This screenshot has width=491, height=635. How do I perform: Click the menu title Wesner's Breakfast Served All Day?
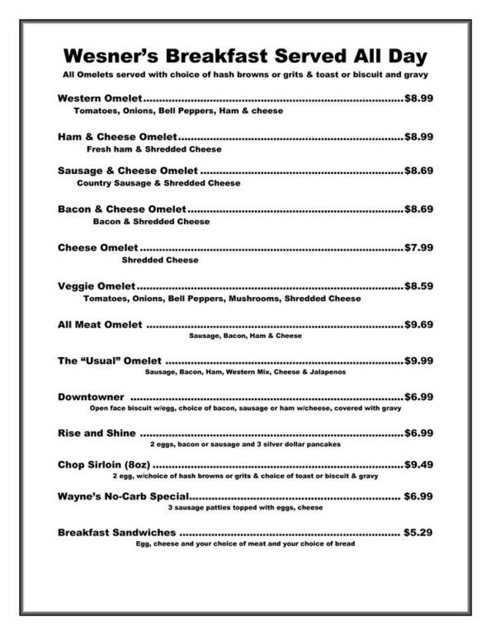pos(244,56)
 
